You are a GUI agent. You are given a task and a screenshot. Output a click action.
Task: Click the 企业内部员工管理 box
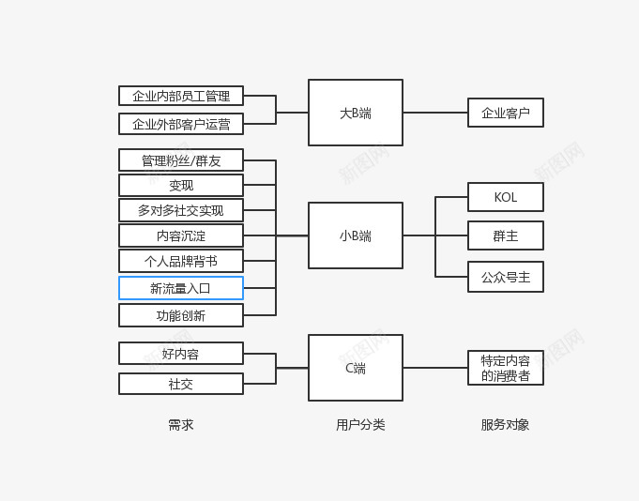(181, 96)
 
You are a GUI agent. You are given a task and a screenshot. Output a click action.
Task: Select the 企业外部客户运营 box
(181, 124)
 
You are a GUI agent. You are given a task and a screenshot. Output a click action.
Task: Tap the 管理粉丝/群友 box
(181, 160)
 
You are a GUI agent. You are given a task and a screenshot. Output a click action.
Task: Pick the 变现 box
(181, 186)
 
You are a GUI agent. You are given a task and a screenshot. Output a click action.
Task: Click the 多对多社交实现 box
(181, 210)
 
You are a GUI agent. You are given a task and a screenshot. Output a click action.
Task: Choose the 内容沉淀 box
(181, 235)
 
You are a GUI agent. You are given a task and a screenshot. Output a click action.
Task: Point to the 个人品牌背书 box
(181, 261)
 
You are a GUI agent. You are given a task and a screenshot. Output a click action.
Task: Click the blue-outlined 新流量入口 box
(181, 288)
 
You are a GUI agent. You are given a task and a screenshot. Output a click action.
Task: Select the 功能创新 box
(181, 315)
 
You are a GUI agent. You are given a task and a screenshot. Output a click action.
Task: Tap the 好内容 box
(181, 354)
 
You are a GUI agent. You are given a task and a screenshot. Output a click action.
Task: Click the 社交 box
(181, 384)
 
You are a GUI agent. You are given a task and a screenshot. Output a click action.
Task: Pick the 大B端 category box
(356, 113)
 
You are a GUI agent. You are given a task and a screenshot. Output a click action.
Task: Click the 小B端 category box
(356, 235)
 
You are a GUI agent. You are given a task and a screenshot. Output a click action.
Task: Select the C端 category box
(356, 368)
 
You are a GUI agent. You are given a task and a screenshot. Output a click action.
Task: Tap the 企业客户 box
(506, 113)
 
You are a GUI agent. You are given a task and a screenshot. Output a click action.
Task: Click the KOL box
(506, 197)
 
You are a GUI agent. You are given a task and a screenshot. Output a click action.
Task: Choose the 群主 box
(506, 235)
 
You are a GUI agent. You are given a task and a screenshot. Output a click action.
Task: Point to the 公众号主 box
(506, 277)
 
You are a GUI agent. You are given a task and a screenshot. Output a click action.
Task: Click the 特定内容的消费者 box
(506, 368)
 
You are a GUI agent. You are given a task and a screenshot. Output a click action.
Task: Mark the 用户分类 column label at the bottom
(360, 425)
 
